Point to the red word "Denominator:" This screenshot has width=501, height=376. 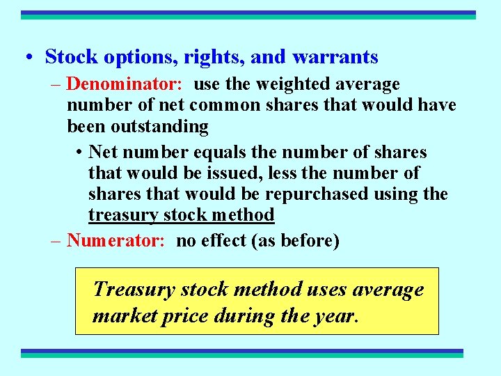[x=125, y=85]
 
